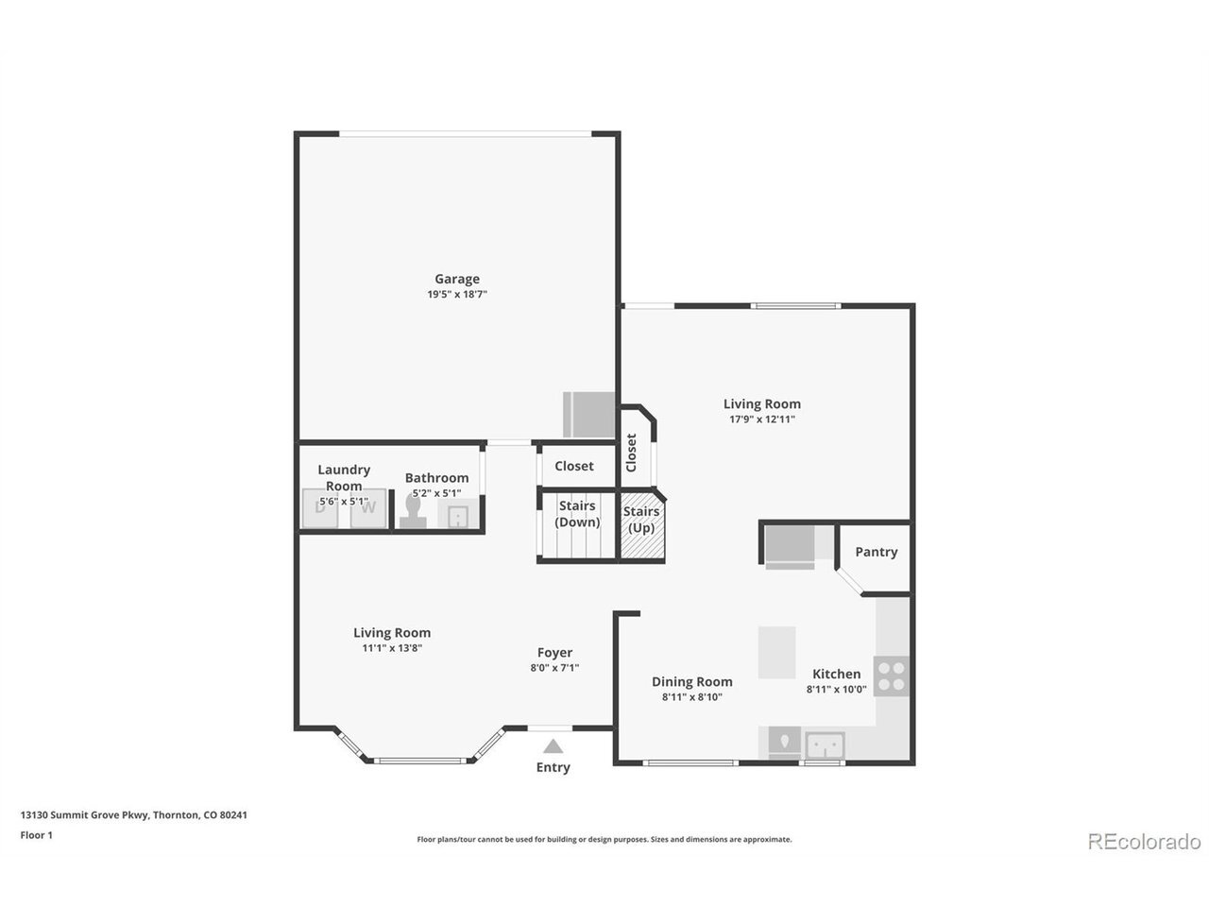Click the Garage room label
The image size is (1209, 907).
pos(456,280)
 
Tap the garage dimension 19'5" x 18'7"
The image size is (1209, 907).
pos(456,294)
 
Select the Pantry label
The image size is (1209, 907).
pos(876,552)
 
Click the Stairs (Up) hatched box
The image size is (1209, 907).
pos(642,526)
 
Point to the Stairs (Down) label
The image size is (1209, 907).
pos(577,514)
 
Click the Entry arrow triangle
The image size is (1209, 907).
pos(553,746)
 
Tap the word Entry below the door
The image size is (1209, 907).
pos(553,767)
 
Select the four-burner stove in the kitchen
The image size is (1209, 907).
pos(892,676)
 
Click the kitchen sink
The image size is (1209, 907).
pos(825,745)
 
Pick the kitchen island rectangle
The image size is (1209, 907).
pos(776,652)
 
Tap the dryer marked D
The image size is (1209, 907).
pos(320,507)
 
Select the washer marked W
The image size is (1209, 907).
pos(368,507)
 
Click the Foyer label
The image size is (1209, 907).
pos(554,653)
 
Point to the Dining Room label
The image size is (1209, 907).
pos(691,682)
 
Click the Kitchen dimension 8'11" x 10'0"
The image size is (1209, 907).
pos(836,689)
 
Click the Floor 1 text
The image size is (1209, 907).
pos(36,835)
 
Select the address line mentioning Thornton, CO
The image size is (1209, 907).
pos(134,815)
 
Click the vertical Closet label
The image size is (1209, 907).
pos(631,453)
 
